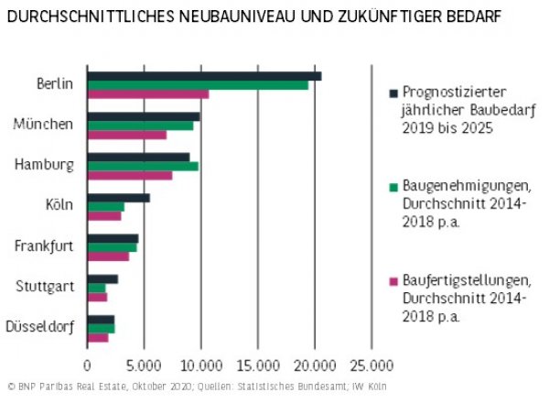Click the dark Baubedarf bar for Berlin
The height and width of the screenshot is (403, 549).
[203, 75]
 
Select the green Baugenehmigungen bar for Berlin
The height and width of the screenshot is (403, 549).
[197, 84]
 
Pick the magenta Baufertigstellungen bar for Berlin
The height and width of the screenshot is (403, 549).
[147, 93]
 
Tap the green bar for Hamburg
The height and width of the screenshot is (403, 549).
[142, 166]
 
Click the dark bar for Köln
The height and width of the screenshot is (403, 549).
[118, 198]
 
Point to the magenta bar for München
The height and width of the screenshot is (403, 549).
[126, 135]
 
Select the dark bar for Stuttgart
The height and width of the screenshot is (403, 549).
[102, 278]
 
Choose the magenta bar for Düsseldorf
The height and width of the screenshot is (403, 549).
[97, 337]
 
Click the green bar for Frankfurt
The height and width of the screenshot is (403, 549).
[112, 247]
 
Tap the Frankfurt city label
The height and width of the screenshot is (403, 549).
[44, 245]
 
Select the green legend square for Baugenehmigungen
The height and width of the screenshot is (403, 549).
[393, 186]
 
